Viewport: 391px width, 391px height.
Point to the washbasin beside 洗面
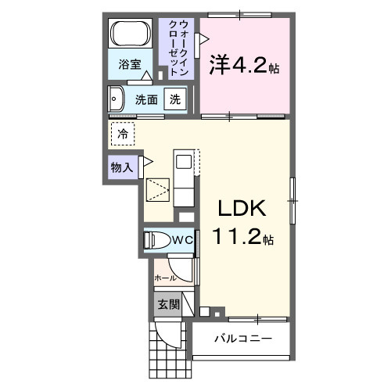(x=117, y=99)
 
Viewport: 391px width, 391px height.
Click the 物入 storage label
(x=122, y=167)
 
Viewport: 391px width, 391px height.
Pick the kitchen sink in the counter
(x=183, y=162)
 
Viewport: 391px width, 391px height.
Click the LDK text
(x=243, y=209)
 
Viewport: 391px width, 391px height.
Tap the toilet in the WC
(x=156, y=241)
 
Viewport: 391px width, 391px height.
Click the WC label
(x=182, y=240)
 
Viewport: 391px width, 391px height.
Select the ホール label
(x=164, y=277)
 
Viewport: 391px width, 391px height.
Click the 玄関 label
(x=168, y=304)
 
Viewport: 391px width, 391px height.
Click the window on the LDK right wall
(x=293, y=200)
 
